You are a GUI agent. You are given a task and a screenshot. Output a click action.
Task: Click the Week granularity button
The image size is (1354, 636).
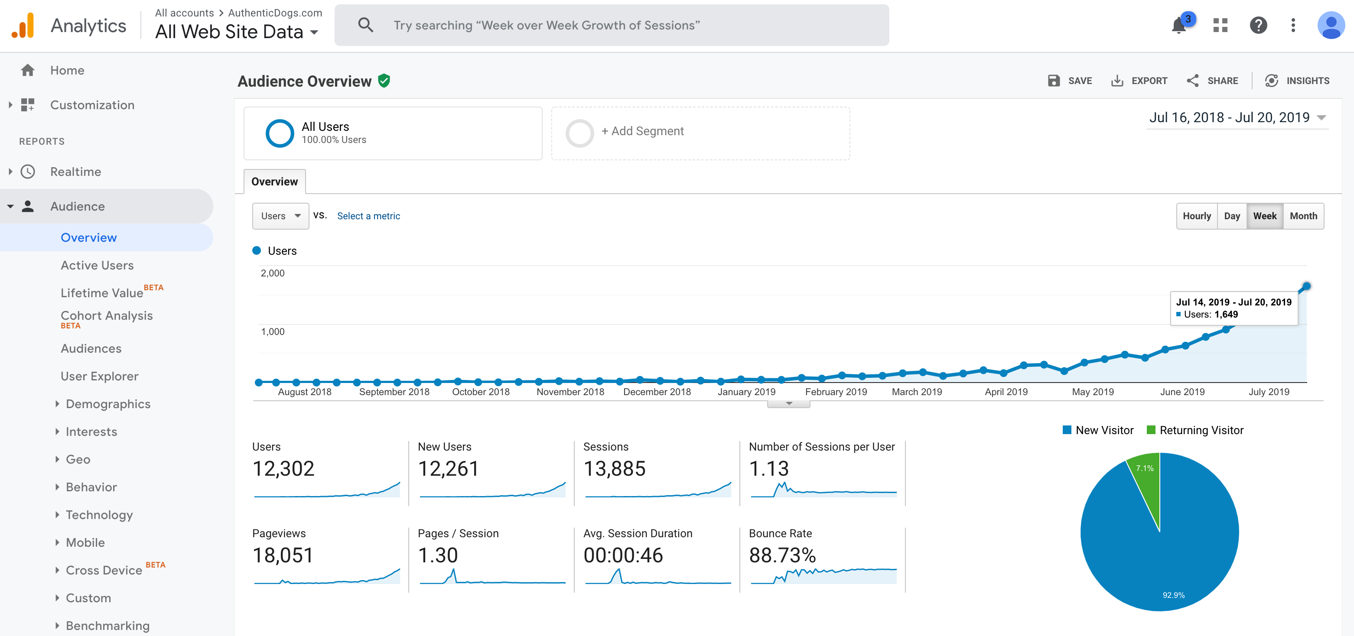[1264, 216]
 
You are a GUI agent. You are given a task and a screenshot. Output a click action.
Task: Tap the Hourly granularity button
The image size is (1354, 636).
[1196, 216]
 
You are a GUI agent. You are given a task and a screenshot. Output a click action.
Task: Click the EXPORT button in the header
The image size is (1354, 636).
[1139, 81]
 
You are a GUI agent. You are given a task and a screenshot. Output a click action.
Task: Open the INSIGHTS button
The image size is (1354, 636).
[1297, 81]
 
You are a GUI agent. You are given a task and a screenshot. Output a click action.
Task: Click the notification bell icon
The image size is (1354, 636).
[1179, 25]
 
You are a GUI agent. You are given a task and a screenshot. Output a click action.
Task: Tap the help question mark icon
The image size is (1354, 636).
[1258, 25]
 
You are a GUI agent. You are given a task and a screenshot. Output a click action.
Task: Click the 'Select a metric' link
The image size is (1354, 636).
[368, 216]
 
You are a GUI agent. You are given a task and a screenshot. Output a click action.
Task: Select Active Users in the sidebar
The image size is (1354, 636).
[97, 266]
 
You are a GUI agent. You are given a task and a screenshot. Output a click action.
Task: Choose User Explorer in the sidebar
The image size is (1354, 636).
[99, 376]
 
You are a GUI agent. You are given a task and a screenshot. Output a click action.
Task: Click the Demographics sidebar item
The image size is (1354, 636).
[108, 404]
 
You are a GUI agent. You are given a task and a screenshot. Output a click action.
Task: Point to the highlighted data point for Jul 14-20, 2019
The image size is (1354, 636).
[1306, 286]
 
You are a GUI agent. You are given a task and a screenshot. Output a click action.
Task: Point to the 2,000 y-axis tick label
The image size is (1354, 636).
[272, 273]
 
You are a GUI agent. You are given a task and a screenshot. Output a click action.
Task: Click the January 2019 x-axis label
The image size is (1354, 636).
[746, 392]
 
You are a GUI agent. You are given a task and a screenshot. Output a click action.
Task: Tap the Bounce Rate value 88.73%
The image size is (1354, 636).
[782, 555]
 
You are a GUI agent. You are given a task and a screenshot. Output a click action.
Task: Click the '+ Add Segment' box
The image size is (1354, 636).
[700, 133]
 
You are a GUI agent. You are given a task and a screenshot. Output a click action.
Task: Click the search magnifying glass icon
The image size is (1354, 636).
[365, 25]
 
